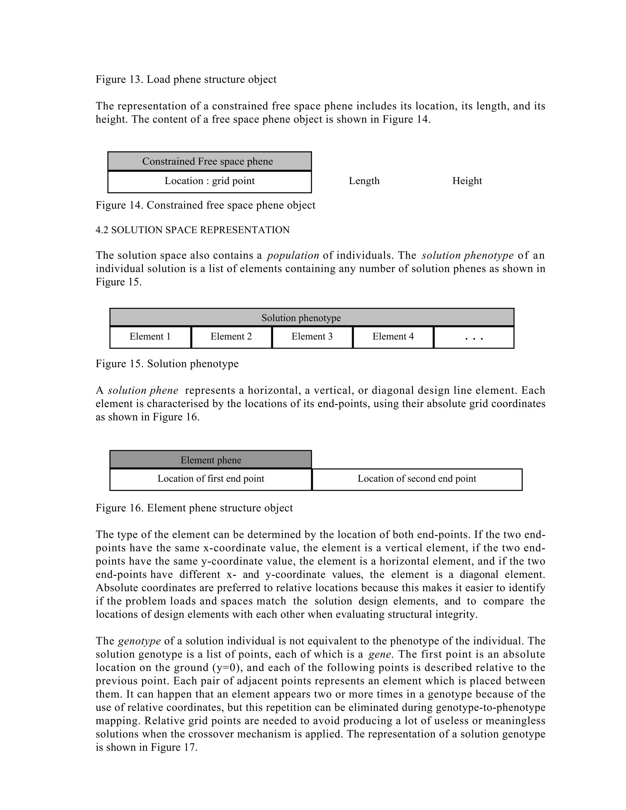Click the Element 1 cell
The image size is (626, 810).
point(150,337)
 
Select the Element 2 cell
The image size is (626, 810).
point(231,337)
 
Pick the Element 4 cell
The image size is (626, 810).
point(393,337)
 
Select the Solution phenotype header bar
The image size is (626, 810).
point(311,318)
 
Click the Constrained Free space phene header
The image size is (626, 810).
point(209,161)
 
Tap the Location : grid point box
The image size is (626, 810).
point(209,181)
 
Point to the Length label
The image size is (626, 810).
point(364,181)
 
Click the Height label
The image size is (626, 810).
point(467,181)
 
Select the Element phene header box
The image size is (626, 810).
point(210,460)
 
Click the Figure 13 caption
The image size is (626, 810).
point(186,79)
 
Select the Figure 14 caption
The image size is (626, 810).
point(205,205)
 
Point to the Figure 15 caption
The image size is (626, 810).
point(167,363)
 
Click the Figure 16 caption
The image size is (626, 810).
point(194,508)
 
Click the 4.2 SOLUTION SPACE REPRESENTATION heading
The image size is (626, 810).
point(193,230)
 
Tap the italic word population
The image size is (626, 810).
point(293,255)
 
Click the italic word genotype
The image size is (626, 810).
point(139,641)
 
